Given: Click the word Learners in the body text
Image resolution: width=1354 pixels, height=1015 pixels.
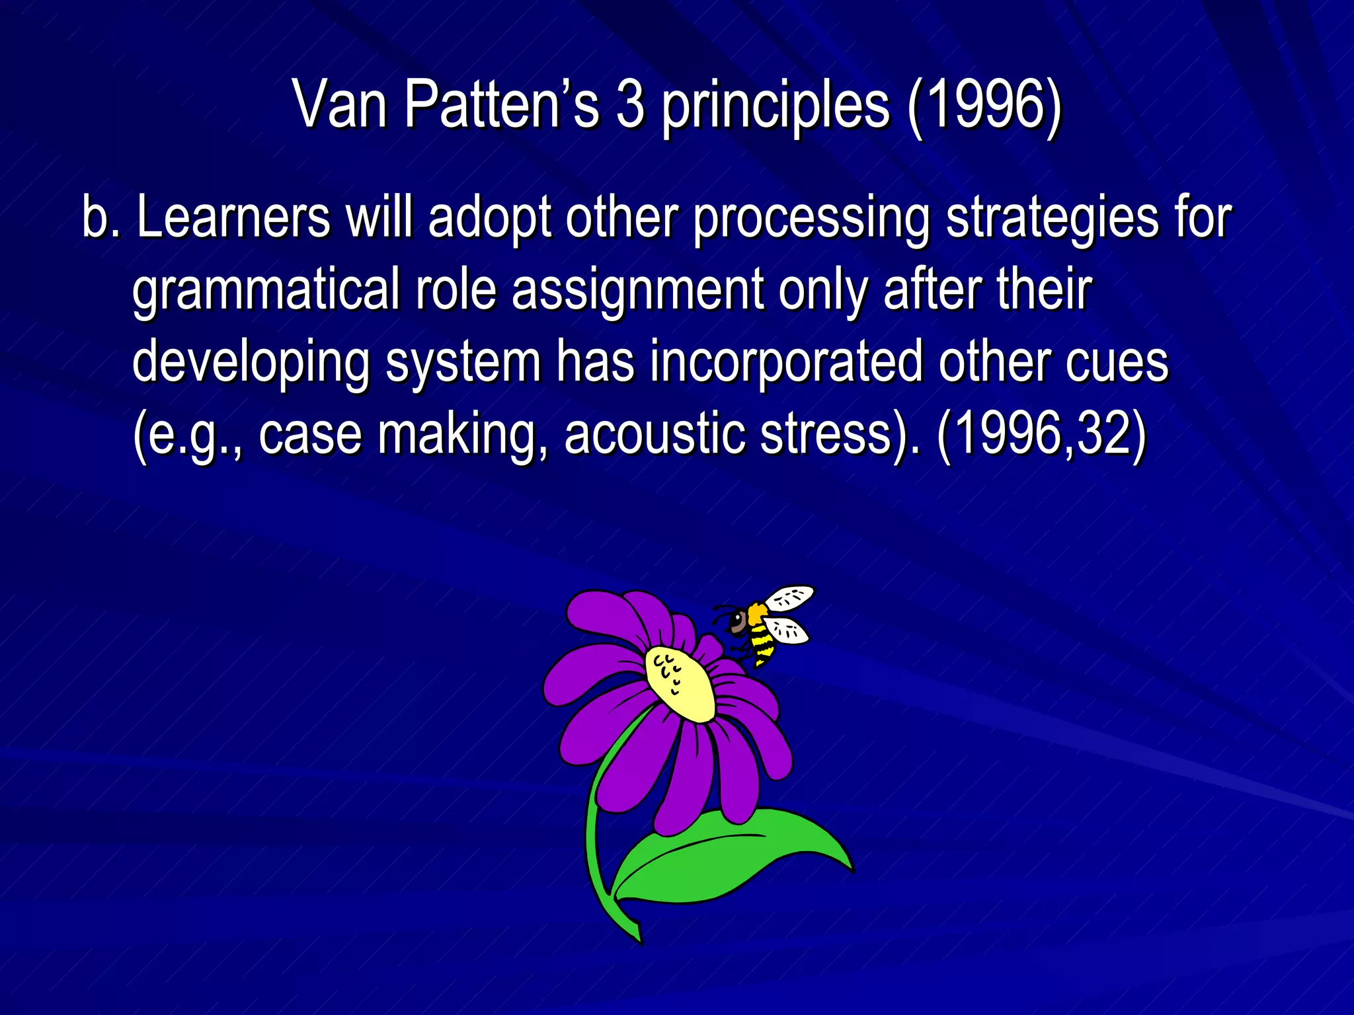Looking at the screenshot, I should [233, 217].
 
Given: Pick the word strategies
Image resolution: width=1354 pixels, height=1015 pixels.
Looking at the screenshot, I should [1052, 217].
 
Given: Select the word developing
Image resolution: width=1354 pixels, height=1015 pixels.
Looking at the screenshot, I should [251, 361].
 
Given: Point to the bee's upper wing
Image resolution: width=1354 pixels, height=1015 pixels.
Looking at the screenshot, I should [790, 597].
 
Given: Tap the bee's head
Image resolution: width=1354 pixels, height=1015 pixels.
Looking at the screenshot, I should [737, 620].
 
